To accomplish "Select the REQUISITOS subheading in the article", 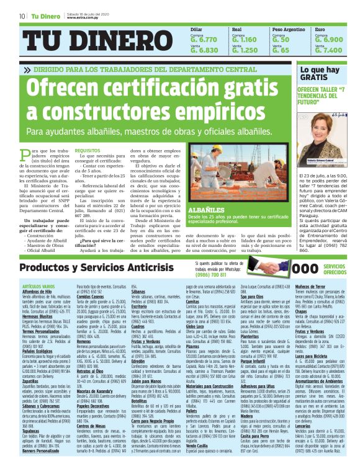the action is pos(87,151).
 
